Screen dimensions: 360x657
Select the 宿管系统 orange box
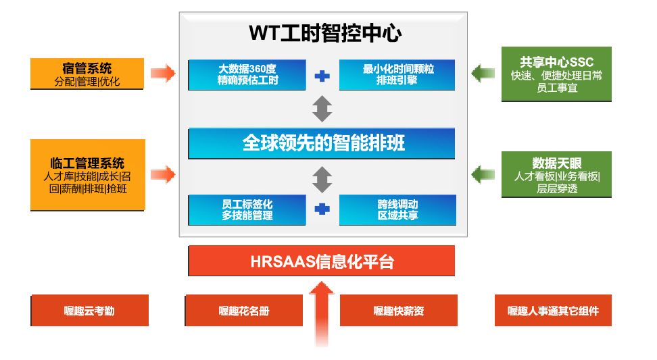click(x=87, y=74)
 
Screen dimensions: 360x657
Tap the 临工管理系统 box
click(x=88, y=175)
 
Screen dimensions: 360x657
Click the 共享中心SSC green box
click(x=556, y=74)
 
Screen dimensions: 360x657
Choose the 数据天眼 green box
click(x=556, y=174)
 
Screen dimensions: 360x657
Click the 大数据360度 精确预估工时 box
click(x=247, y=75)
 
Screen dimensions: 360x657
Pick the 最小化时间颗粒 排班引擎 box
click(x=397, y=75)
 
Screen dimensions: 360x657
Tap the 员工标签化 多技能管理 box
click(x=247, y=209)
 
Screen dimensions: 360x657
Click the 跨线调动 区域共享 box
click(x=397, y=209)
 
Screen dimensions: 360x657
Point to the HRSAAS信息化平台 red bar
click(x=322, y=261)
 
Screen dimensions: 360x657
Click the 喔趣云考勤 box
click(x=89, y=311)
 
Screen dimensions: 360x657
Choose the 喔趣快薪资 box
click(x=398, y=311)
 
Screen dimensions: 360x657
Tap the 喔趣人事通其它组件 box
click(x=553, y=311)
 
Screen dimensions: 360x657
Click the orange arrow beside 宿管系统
click(x=162, y=73)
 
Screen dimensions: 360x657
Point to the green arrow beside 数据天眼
click(x=483, y=174)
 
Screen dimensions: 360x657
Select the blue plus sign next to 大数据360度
click(x=322, y=76)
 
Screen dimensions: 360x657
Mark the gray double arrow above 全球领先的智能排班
click(x=322, y=108)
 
